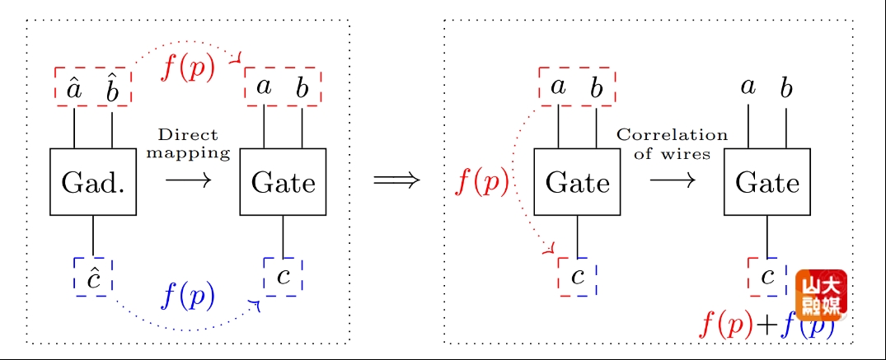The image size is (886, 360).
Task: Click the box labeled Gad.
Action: [x=93, y=182]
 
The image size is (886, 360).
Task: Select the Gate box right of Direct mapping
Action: [x=283, y=182]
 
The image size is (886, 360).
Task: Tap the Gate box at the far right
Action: [x=767, y=182]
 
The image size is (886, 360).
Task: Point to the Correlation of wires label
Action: [x=672, y=143]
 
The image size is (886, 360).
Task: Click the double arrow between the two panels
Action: [x=396, y=180]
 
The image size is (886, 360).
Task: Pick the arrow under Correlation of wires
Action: [x=672, y=180]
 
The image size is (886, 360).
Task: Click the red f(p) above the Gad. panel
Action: [x=188, y=68]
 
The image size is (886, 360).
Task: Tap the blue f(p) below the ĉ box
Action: [x=188, y=295]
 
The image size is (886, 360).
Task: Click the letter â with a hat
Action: [x=74, y=88]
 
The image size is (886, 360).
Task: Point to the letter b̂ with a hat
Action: [x=112, y=88]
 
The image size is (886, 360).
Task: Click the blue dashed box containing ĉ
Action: [x=93, y=277]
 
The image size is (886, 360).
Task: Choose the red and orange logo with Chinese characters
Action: [x=821, y=294]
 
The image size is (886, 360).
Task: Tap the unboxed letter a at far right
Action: [x=748, y=86]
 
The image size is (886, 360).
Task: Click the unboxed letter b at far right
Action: [x=786, y=86]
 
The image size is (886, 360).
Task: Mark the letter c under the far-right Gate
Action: [x=768, y=276]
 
